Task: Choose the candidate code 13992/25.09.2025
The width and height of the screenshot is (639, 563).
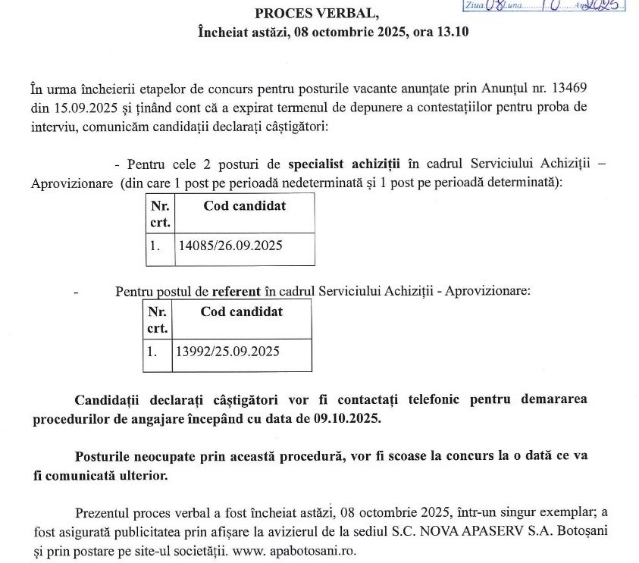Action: click(x=227, y=352)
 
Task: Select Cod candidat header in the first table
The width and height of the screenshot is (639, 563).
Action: click(x=244, y=206)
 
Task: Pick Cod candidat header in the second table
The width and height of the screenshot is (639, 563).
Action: click(x=241, y=311)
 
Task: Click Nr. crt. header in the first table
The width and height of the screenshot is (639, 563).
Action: click(x=160, y=214)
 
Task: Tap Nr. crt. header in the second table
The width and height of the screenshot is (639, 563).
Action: click(x=157, y=319)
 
